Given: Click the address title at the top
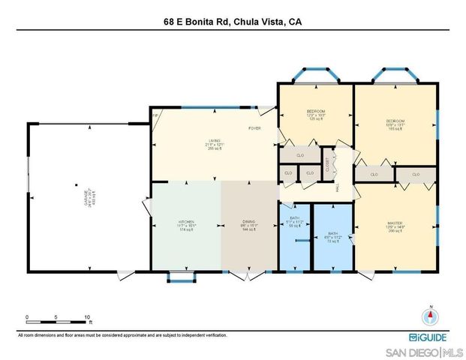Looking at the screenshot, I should pos(233,22).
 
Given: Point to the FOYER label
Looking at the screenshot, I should pos(255,128).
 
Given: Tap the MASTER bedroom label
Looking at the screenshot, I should pos(395,223).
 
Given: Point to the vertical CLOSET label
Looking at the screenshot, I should pos(329,163).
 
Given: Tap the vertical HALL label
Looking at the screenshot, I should pos(338,188).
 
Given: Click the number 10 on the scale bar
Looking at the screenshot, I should pos(87,317).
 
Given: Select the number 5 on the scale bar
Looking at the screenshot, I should pos(56,317).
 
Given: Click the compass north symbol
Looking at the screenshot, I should pos(431,316).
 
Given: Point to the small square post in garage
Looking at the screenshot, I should pos(76,184).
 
